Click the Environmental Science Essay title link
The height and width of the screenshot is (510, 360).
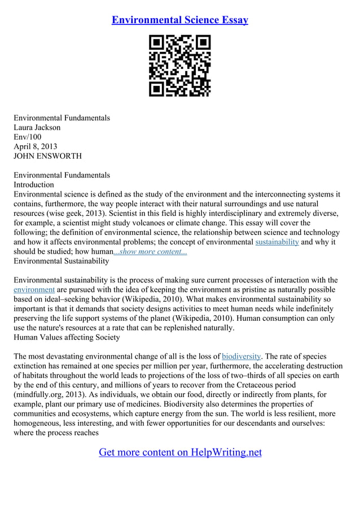point(180,20)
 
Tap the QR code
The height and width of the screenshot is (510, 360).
point(180,66)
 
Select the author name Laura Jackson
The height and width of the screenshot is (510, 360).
point(37,128)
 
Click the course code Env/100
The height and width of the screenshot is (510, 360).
point(28,137)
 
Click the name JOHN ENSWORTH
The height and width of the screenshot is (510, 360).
point(48,156)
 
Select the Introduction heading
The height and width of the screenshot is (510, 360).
point(34,185)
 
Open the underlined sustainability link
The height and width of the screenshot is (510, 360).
point(277,242)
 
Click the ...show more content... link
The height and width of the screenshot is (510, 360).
point(151,251)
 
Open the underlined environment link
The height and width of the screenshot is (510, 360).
point(34,290)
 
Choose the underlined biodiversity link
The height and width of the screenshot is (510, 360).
point(242,356)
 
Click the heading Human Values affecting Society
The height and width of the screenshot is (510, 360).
point(67,337)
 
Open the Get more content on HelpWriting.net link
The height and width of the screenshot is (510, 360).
point(180,452)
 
